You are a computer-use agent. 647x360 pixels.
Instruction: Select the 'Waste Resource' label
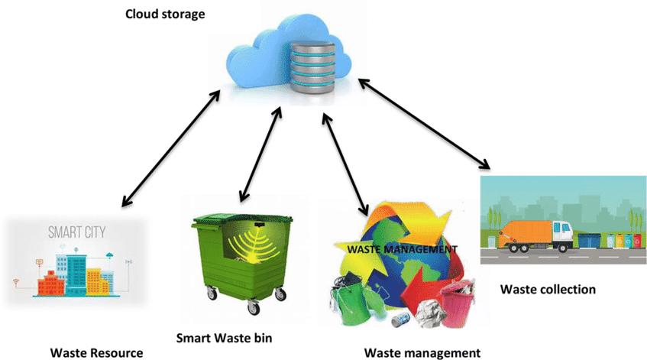click(96, 352)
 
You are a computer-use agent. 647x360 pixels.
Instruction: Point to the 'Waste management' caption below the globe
click(422, 352)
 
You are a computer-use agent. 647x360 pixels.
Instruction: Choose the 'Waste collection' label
click(548, 290)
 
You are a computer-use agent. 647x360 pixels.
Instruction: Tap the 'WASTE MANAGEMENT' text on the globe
click(403, 249)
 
